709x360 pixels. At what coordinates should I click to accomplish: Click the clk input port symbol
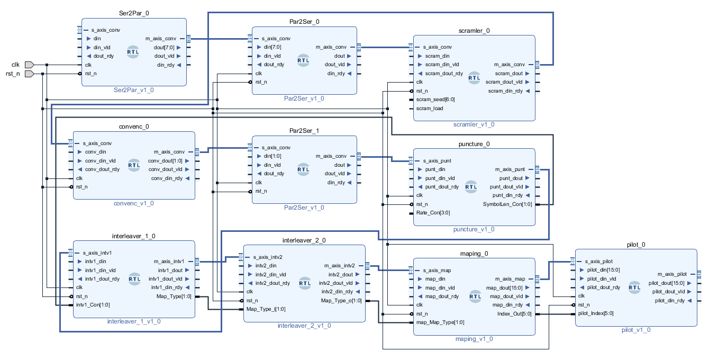29,65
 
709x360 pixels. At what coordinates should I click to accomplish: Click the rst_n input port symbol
29,74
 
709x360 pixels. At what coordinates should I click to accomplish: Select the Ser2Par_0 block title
134,13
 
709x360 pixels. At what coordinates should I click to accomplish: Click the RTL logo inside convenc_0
134,165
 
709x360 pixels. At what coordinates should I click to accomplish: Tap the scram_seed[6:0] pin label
435,100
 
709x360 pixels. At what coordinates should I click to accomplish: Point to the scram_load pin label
430,109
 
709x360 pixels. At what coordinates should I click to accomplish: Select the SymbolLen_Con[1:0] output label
507,204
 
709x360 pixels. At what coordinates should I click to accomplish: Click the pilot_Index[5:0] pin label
596,313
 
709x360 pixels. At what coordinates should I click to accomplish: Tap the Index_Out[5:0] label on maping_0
515,313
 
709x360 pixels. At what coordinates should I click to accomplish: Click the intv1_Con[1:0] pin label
93,305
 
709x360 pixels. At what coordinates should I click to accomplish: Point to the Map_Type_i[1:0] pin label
265,309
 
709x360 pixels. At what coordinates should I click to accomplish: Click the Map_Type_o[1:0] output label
342,300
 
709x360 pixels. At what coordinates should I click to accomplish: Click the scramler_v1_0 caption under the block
474,125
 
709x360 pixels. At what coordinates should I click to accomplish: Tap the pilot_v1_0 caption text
636,330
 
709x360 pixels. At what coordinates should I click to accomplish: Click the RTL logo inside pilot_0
634,287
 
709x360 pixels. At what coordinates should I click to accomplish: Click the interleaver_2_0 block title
304,240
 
